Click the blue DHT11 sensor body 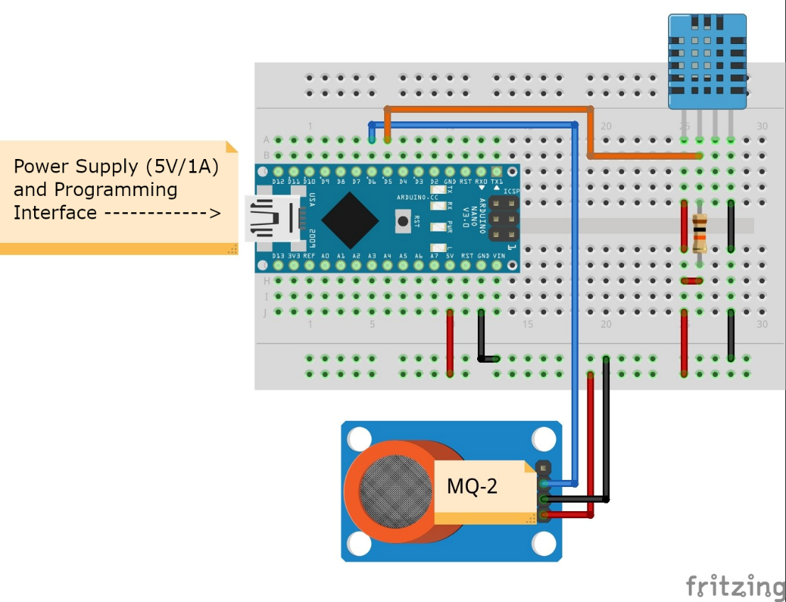click(x=706, y=61)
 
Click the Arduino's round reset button click(x=403, y=221)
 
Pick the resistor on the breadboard click(x=699, y=235)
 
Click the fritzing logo click(x=734, y=586)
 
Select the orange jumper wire click(x=490, y=109)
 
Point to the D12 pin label click(x=278, y=182)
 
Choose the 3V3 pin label click(x=293, y=255)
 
